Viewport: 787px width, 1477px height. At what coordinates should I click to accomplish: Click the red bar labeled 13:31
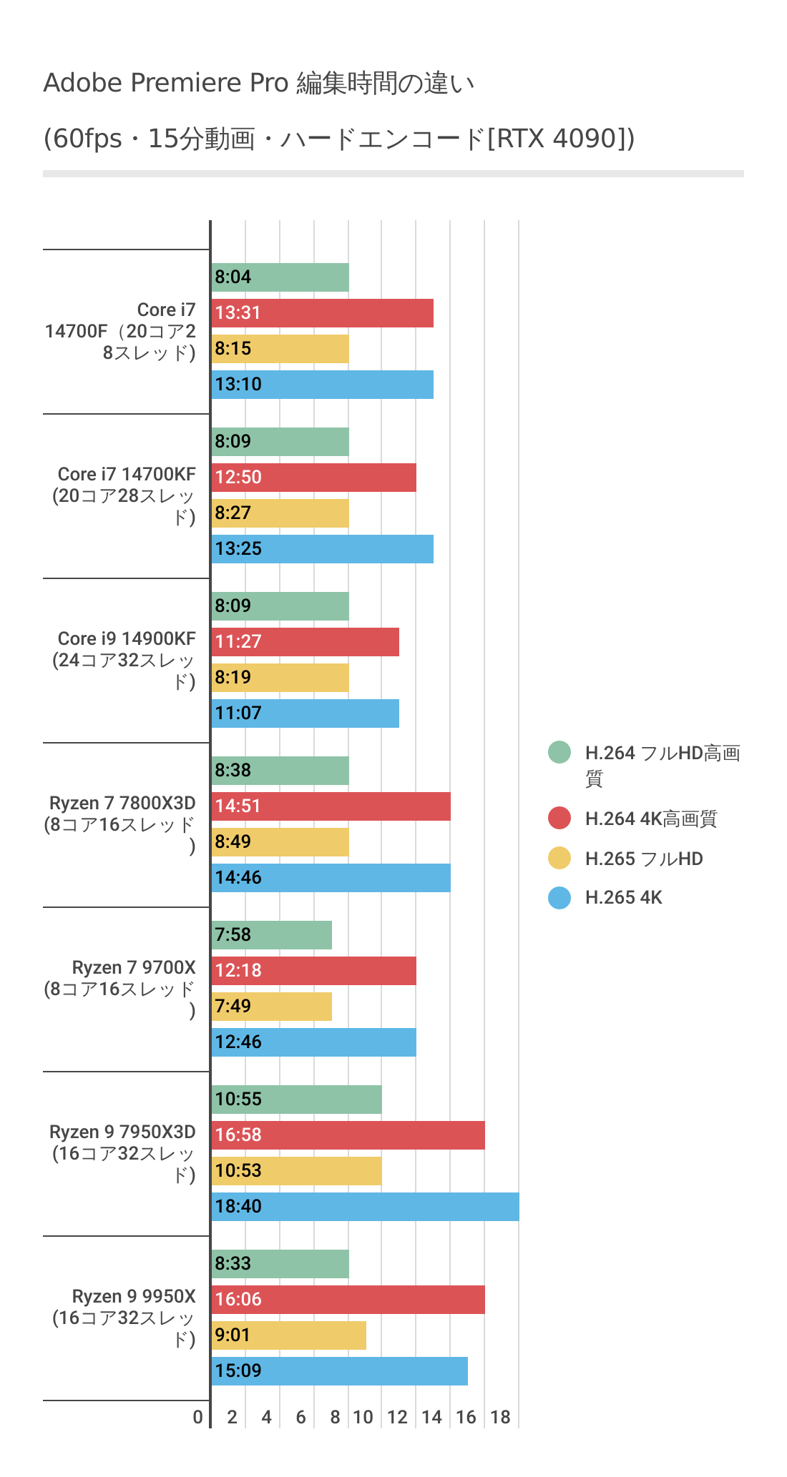(x=322, y=313)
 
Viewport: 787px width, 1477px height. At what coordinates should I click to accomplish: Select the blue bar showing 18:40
(x=365, y=1207)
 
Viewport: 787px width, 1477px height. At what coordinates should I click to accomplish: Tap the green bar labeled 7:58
(x=272, y=935)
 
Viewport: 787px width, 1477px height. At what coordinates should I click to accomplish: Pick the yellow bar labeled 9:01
(x=289, y=1335)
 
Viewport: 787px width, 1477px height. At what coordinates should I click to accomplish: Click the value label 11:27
(x=238, y=642)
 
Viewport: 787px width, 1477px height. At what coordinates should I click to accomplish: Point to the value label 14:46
(x=238, y=878)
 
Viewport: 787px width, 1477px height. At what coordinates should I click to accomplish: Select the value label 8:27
(x=233, y=513)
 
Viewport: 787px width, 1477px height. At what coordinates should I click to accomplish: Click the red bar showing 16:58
(x=348, y=1135)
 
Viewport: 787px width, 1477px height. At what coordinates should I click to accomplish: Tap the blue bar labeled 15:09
(x=340, y=1371)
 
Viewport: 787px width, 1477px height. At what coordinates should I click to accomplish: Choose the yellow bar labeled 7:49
(x=272, y=1007)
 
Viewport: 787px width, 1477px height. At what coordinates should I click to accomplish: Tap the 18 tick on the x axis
(x=500, y=1418)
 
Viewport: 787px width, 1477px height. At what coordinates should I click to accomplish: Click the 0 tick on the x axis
(x=198, y=1418)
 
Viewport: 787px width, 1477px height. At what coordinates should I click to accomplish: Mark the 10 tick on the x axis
(x=363, y=1418)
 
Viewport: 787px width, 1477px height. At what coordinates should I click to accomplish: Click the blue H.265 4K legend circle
(x=559, y=898)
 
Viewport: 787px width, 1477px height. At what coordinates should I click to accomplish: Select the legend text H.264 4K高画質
(x=650, y=819)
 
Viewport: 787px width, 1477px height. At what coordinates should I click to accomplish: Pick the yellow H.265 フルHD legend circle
(x=559, y=858)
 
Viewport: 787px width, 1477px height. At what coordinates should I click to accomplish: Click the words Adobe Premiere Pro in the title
(x=165, y=84)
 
